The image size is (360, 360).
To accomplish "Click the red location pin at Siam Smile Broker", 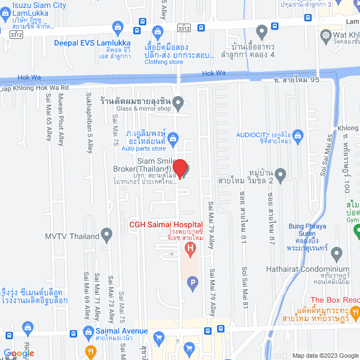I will coord(179,168).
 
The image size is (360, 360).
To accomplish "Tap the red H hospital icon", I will coord(191,247).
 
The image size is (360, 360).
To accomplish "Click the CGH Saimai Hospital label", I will coord(166,225).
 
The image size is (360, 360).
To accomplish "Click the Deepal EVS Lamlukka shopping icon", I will coord(118,26).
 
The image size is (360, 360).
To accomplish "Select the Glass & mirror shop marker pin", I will coord(178,102).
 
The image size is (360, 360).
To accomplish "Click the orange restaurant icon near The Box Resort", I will coord(354,311).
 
